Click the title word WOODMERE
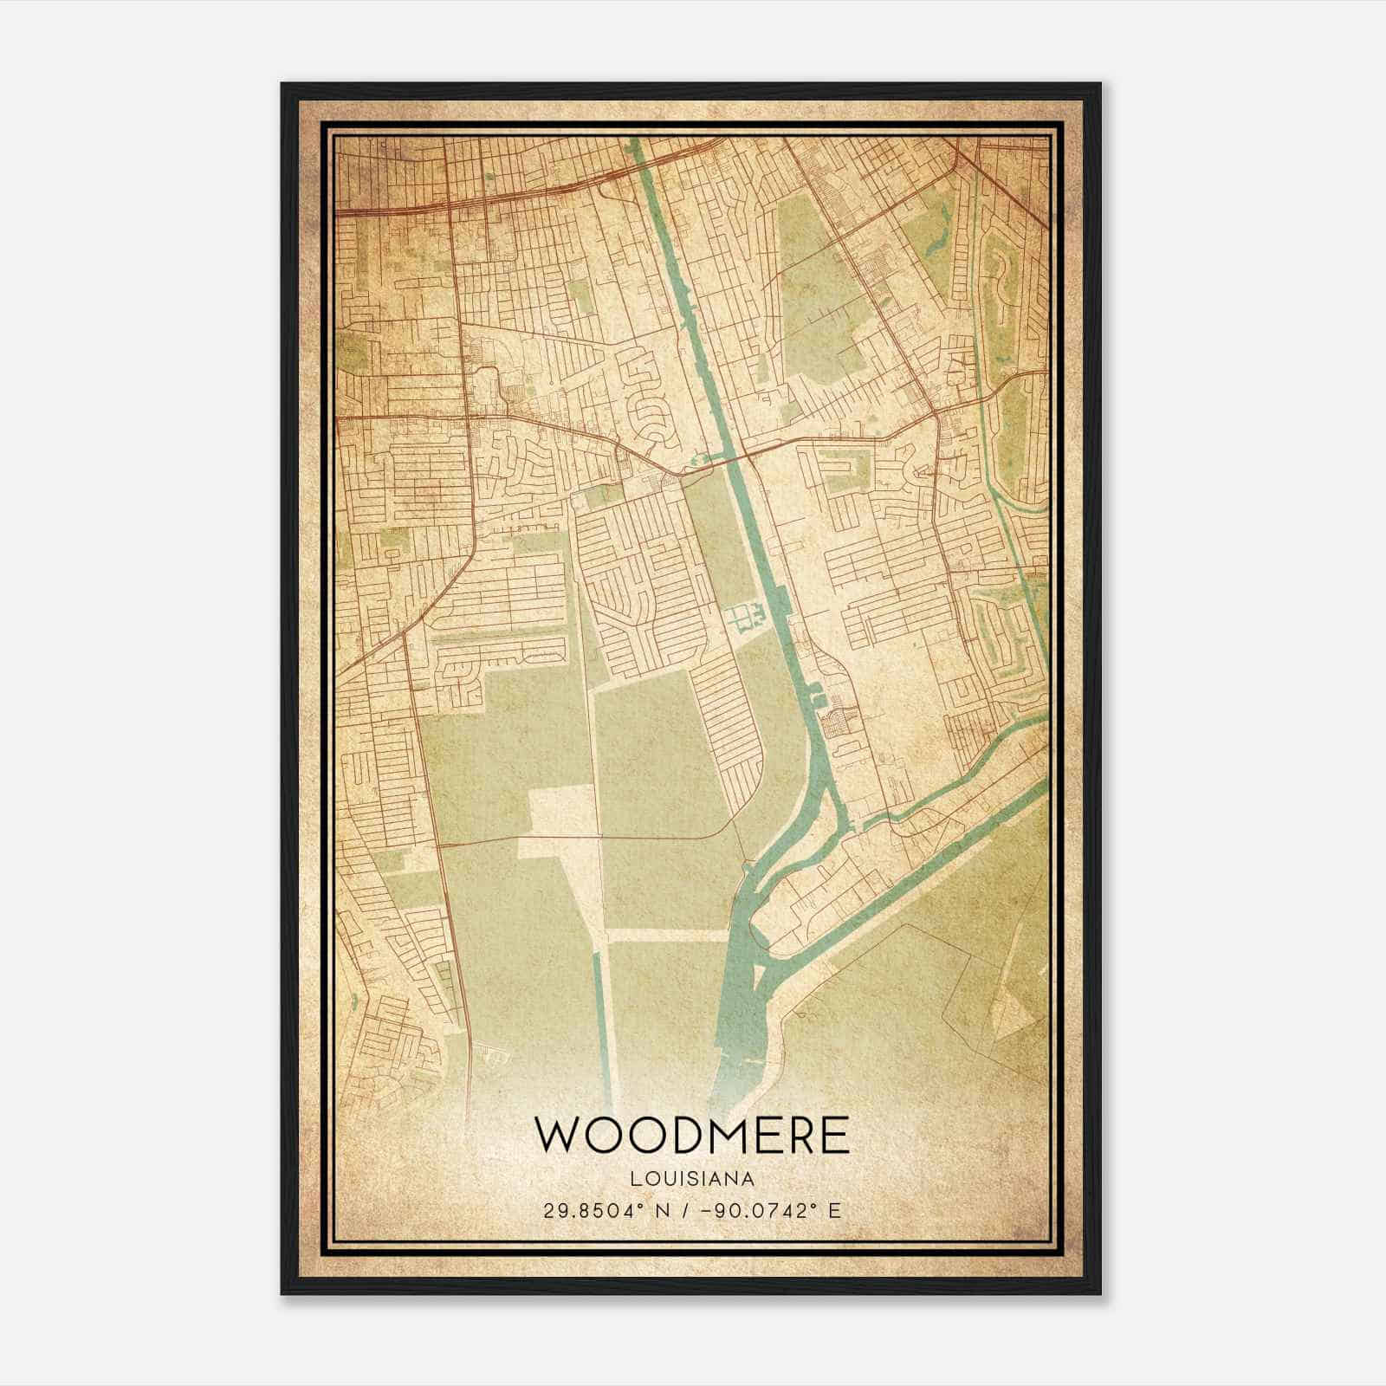coord(692,1136)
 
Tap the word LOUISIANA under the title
coord(692,1179)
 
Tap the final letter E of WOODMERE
coord(835,1136)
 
